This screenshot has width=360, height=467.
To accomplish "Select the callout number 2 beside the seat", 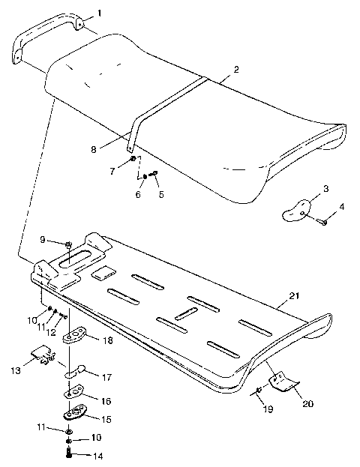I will tap(236, 69).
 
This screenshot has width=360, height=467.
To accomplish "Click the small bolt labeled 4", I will tap(325, 221).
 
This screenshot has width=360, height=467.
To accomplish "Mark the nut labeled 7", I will tap(133, 159).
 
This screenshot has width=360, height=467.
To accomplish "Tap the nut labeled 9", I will tap(67, 244).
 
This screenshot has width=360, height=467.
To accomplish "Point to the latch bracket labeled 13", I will tap(40, 354).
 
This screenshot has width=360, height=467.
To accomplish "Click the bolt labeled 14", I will tap(70, 454).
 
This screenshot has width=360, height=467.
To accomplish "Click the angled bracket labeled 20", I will tap(281, 382).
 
